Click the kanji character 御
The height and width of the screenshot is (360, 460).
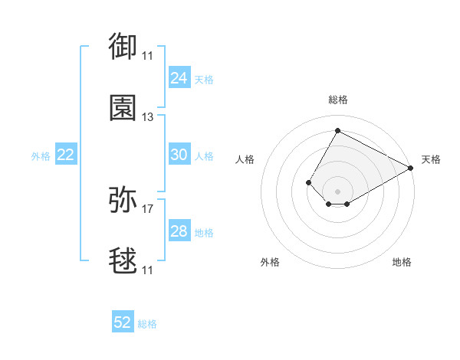123,46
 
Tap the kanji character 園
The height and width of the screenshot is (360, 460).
123,107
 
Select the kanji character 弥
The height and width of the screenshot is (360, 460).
123,199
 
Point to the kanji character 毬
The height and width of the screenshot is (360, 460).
123,260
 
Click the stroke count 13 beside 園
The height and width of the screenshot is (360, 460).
147,117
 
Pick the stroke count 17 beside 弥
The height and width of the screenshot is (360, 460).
147,209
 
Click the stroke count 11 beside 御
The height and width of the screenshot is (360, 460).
147,56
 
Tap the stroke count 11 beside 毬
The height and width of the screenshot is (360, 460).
147,270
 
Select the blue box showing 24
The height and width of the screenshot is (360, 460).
179,77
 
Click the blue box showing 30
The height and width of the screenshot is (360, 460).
179,154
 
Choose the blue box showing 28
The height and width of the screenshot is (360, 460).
179,230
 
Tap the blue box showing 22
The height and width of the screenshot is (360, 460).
66,154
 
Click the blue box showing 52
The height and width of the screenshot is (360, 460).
123,321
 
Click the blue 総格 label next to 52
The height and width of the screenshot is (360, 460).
147,324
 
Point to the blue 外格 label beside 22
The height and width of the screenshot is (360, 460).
41,156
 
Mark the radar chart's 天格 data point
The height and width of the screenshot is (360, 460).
410,168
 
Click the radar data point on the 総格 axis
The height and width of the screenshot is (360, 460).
337,130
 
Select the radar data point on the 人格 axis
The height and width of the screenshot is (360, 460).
308,182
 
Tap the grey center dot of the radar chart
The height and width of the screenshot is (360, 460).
337,191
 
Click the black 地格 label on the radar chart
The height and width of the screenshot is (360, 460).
402,262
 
